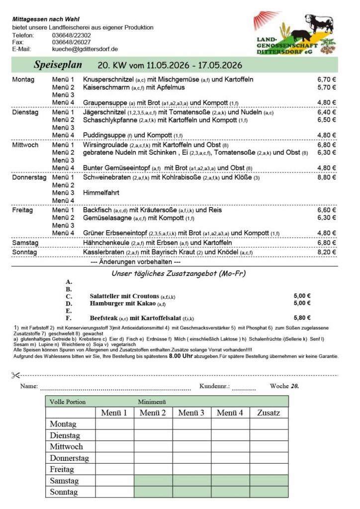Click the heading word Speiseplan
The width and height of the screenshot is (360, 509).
(x=55, y=65)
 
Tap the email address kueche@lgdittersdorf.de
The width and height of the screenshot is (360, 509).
(x=85, y=49)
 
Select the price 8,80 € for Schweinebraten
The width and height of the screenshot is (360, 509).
(x=327, y=177)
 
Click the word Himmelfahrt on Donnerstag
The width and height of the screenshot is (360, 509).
(x=101, y=192)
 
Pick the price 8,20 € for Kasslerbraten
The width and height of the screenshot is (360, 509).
(x=327, y=253)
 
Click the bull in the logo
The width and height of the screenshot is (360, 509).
(x=318, y=22)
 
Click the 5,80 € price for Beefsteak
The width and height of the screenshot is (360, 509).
(x=302, y=318)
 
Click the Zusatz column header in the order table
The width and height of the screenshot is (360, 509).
(x=269, y=413)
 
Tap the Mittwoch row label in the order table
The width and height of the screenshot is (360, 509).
(x=66, y=446)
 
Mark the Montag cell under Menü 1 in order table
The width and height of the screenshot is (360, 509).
(x=114, y=424)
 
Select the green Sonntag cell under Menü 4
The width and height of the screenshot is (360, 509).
(x=230, y=492)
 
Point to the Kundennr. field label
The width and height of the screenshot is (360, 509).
(x=214, y=386)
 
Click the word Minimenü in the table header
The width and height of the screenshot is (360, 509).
(x=152, y=402)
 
